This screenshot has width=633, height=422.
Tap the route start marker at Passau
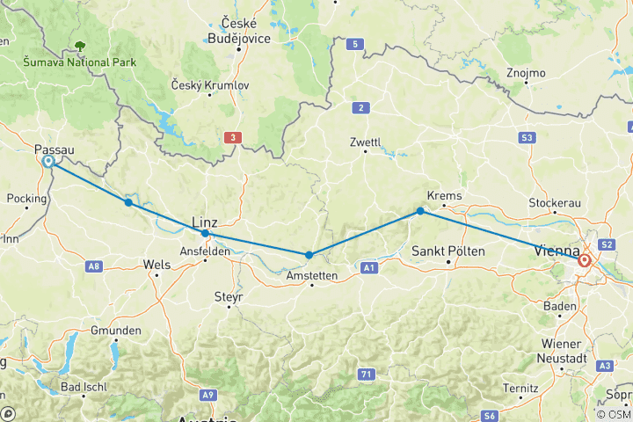coord(48,162)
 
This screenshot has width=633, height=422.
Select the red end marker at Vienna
coord(585,260)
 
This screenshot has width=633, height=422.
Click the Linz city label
coord(204,222)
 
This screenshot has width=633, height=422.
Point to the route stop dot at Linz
coord(205,234)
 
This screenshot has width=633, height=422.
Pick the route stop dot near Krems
coord(420,211)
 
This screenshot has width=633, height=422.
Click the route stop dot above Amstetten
coord(309,255)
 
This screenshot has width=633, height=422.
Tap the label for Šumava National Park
coord(80,62)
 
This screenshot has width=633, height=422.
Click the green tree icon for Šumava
coord(81,46)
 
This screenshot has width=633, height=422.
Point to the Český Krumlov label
coord(212,84)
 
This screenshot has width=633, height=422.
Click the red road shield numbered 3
coord(231,137)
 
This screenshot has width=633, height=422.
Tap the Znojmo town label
coord(526,72)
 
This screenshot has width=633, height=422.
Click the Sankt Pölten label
coord(447,251)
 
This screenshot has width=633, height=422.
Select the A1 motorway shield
coord(369,266)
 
